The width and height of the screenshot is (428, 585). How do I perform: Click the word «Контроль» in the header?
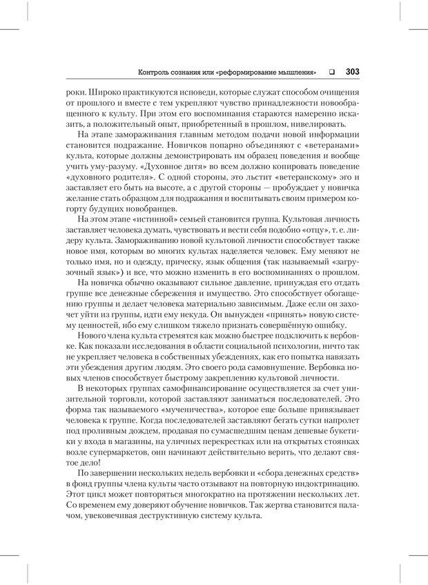coord(154,71)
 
